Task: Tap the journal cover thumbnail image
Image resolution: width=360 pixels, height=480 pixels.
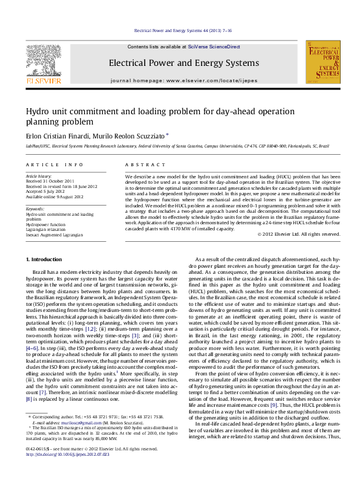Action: (322, 62)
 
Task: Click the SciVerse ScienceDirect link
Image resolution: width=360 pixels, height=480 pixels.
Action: (214, 47)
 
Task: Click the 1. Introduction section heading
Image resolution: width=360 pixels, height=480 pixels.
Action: (45, 259)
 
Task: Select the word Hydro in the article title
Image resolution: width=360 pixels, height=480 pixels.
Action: (38, 111)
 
